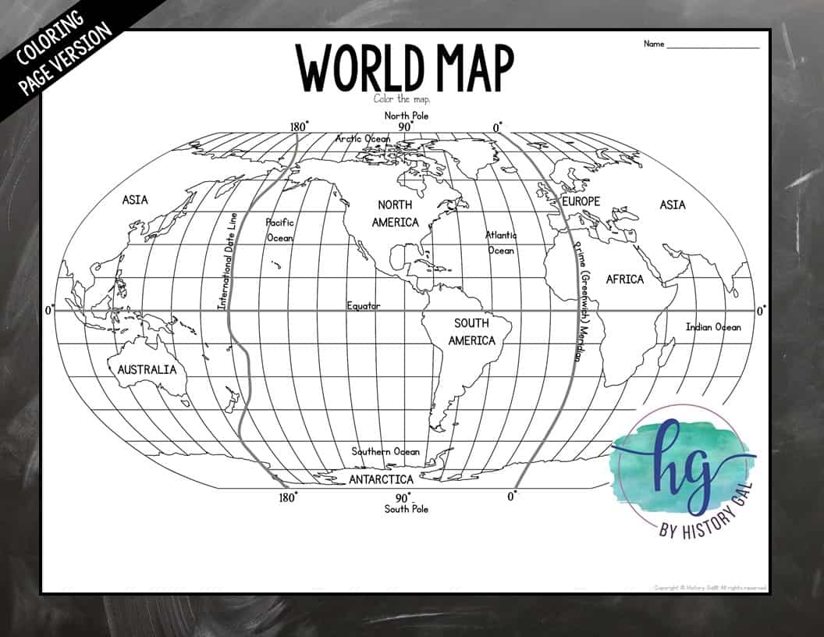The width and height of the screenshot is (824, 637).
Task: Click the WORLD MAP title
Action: (x=404, y=67)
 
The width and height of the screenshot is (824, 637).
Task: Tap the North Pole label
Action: (x=406, y=116)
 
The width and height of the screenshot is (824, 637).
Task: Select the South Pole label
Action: (x=406, y=509)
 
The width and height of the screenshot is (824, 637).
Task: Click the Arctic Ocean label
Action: (x=363, y=138)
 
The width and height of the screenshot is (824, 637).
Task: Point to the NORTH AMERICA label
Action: (x=395, y=213)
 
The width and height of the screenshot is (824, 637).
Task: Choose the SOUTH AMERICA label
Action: (x=471, y=332)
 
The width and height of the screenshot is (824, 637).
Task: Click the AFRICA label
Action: (x=624, y=279)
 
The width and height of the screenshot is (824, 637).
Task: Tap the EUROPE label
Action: (x=581, y=201)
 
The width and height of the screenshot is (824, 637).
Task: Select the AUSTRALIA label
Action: (x=147, y=369)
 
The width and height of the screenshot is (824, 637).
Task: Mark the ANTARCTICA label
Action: (x=381, y=479)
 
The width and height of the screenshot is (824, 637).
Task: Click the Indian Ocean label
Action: (x=713, y=327)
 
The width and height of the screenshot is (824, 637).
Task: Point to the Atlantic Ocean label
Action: (x=501, y=243)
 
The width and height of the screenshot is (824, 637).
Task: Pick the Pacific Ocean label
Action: (x=279, y=230)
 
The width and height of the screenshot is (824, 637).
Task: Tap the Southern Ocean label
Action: (x=385, y=451)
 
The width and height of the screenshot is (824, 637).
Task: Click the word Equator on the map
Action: (x=364, y=306)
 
